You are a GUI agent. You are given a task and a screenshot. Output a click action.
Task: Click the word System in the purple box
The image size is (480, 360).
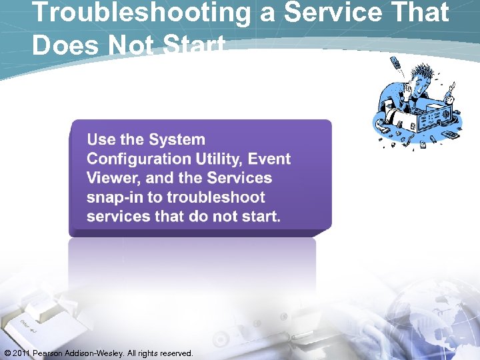click(x=177, y=140)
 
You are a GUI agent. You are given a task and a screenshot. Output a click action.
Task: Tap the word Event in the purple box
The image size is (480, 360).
click(x=269, y=159)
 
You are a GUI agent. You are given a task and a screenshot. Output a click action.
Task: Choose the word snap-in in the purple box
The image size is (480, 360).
click(x=124, y=197)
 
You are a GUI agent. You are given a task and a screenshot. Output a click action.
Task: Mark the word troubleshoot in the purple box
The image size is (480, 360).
click(x=216, y=197)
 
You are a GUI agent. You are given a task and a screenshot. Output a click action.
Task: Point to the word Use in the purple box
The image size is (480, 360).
click(x=101, y=140)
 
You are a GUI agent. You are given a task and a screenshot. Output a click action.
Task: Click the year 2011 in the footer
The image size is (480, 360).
click(x=23, y=353)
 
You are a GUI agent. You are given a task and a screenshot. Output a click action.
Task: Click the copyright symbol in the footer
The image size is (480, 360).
click(x=7, y=353)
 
